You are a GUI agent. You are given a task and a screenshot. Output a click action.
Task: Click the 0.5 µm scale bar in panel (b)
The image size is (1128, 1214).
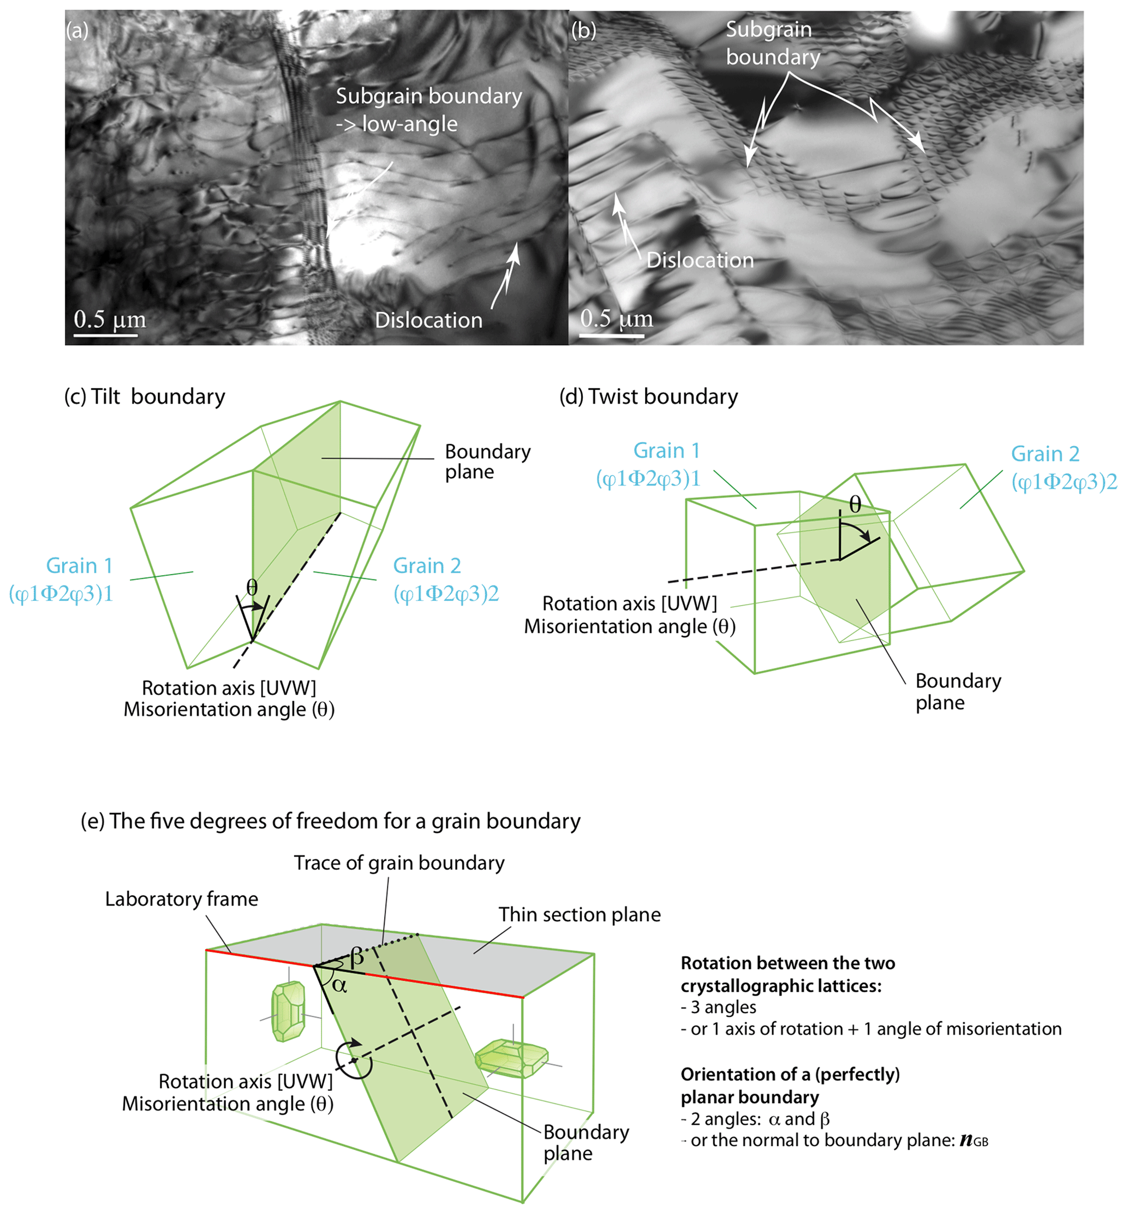point(612,335)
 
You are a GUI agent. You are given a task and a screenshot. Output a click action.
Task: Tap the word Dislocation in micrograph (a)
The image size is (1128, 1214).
point(428,320)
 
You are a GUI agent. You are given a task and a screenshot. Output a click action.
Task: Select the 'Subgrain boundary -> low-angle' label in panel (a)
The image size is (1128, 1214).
point(428,110)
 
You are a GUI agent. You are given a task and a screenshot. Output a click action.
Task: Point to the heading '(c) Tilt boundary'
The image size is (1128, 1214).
point(145,397)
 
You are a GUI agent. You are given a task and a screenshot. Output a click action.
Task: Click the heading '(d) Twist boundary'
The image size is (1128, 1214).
point(648,397)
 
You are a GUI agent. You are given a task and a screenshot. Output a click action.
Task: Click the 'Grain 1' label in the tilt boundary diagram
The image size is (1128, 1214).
point(79,566)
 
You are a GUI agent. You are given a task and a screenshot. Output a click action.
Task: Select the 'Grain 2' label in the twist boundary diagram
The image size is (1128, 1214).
point(1045,454)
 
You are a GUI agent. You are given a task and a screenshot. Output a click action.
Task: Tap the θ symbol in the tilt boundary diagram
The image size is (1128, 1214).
point(252,588)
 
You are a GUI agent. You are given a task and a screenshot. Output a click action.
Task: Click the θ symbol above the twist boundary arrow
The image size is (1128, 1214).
point(855,505)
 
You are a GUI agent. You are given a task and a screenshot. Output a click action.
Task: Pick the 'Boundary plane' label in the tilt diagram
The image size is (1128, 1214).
point(487,461)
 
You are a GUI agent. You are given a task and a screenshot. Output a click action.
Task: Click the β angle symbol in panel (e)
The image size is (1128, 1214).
point(357,957)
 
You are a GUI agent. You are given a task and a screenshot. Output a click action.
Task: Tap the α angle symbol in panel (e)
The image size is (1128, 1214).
point(339,986)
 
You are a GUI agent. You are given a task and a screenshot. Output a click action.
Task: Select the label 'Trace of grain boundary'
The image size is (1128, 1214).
point(399,863)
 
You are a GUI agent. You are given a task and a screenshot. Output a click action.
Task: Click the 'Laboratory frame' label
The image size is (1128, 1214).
point(181,899)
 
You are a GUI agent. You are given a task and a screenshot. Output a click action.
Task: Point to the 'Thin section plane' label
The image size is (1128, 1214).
point(579,914)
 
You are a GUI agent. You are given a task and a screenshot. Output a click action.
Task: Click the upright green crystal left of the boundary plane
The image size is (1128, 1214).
point(288,1011)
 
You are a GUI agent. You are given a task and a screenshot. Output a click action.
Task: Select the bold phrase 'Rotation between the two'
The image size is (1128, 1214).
point(787,963)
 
